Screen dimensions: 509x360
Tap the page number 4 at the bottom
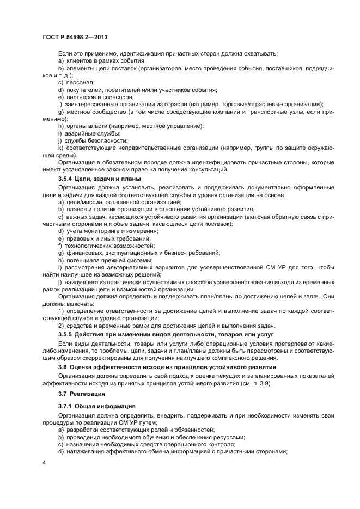(44, 462)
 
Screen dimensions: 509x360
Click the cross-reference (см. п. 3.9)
(263, 383)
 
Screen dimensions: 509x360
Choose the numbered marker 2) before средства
(61, 325)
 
